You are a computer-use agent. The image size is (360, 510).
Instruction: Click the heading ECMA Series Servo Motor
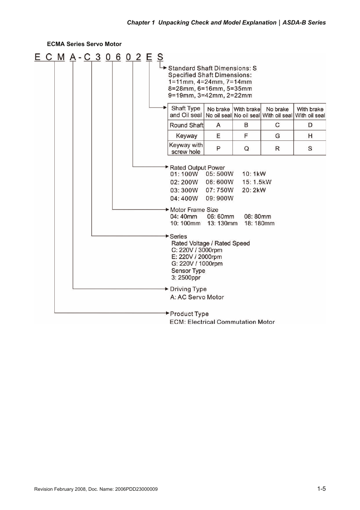tap(84, 44)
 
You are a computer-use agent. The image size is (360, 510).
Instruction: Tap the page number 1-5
tap(321, 488)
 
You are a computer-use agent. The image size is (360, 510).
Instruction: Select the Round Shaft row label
tap(186, 125)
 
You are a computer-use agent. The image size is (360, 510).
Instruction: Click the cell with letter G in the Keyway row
tap(277, 136)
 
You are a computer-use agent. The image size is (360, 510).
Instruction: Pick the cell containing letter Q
tap(246, 148)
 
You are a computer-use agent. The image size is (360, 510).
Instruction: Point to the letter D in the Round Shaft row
tap(310, 125)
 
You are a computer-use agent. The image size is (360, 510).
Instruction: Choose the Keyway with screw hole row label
tap(186, 148)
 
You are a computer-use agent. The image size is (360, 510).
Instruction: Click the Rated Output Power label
tap(197, 168)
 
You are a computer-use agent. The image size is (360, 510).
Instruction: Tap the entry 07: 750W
tap(219, 190)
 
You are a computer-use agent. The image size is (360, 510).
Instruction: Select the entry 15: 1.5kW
tap(257, 182)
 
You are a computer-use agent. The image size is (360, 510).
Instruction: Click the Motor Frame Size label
tap(194, 210)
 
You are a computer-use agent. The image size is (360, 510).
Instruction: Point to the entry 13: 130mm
tap(222, 223)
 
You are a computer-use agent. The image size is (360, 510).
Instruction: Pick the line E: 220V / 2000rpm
tap(197, 257)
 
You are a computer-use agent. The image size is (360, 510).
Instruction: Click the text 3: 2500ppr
tap(186, 277)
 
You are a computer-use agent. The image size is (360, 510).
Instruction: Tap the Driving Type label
tap(188, 289)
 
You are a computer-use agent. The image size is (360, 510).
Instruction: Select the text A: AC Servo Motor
tap(197, 297)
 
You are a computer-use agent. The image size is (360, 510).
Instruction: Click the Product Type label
tap(189, 314)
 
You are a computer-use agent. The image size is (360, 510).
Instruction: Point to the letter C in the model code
tap(87, 57)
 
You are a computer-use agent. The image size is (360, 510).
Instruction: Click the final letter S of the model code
tap(160, 57)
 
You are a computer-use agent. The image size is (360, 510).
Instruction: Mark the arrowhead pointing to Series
tap(167, 236)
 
